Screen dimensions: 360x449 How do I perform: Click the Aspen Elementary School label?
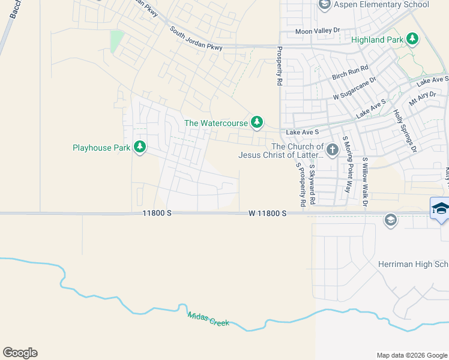point(381,5)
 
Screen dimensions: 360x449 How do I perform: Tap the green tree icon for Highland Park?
point(412,40)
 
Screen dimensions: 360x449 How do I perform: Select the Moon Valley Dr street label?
point(318,31)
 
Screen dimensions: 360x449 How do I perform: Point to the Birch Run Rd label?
point(350,73)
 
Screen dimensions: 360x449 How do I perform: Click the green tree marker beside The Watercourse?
point(257,122)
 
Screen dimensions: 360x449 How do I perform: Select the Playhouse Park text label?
point(101,148)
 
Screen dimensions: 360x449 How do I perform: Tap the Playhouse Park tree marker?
point(140,147)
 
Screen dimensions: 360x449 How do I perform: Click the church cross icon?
point(333,148)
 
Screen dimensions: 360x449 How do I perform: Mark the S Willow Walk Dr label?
point(365,181)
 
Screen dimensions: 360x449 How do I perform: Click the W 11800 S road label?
point(268,214)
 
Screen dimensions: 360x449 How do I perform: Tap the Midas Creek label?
point(208,319)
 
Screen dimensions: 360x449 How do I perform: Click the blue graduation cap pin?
point(440,208)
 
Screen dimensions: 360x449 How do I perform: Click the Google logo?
point(20,353)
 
